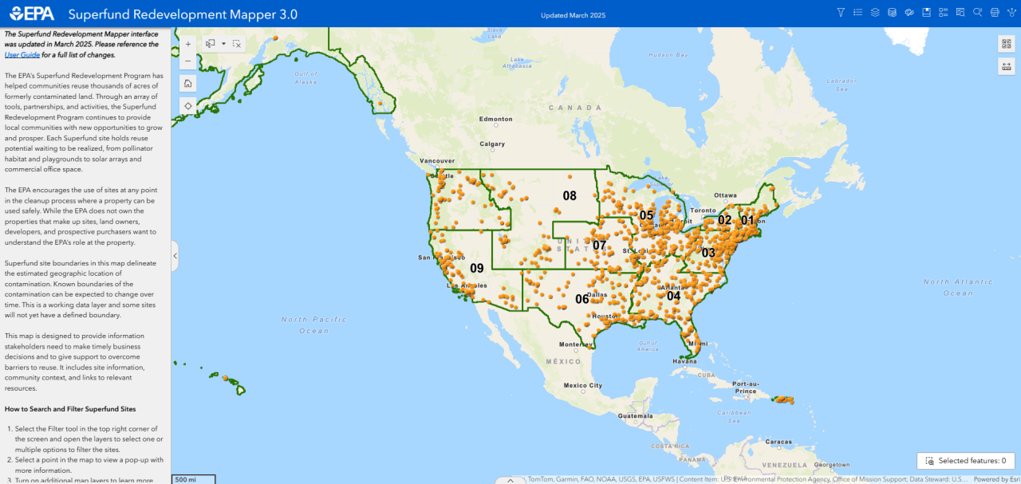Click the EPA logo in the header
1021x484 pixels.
[x=32, y=14]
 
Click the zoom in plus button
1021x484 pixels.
[x=187, y=44]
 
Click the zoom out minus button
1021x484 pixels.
[x=187, y=61]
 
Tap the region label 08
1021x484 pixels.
[x=570, y=195]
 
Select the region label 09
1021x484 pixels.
[x=476, y=268]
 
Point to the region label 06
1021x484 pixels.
[x=582, y=299]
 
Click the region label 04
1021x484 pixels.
[x=673, y=296]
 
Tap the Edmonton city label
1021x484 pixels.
[x=495, y=120]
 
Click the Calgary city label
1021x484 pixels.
[x=492, y=144]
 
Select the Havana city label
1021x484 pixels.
[x=684, y=361]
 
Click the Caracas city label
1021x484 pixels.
[x=779, y=441]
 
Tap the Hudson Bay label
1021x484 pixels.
[x=668, y=55]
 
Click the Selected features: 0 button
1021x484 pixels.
[x=965, y=461]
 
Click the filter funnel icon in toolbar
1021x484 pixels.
[x=840, y=13]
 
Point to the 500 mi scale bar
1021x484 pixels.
[x=193, y=479]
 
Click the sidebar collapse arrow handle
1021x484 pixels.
[x=175, y=256]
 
